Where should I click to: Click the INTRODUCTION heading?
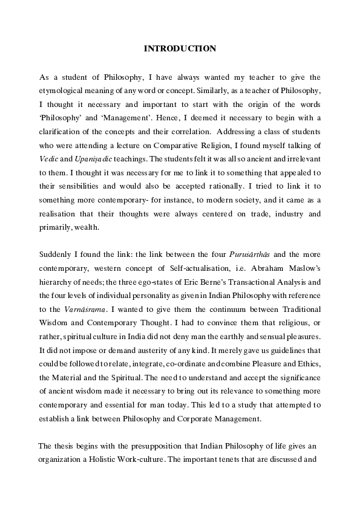click(180, 48)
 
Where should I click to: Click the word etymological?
click(64, 91)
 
